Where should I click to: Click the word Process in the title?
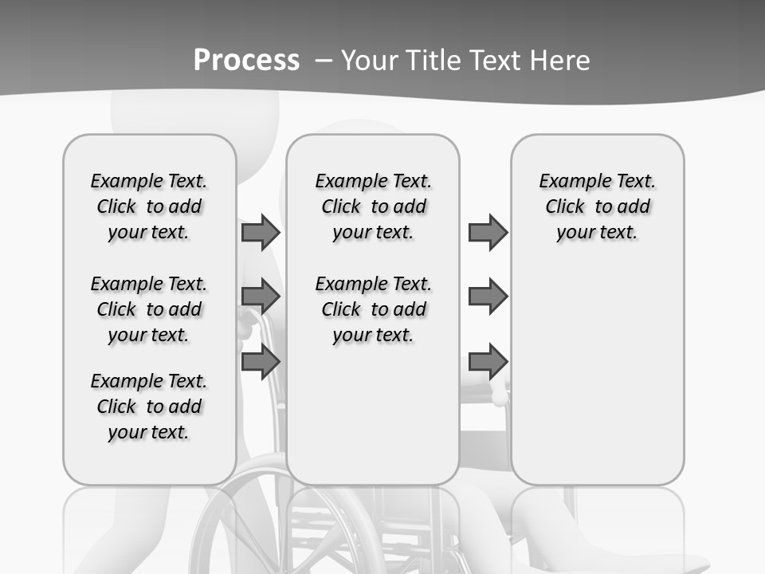pyautogui.click(x=246, y=60)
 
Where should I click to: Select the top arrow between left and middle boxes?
pyautogui.click(x=261, y=232)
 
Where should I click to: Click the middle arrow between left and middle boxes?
pyautogui.click(x=261, y=297)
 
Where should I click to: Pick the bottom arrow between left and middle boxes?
pyautogui.click(x=261, y=361)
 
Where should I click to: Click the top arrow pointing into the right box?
pyautogui.click(x=488, y=232)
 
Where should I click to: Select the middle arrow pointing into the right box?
pyautogui.click(x=488, y=297)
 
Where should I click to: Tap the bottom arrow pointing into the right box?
pyautogui.click(x=488, y=361)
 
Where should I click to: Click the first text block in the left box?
pyautogui.click(x=149, y=206)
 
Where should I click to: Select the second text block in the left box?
pyautogui.click(x=149, y=309)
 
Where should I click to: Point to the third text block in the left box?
pyautogui.click(x=149, y=407)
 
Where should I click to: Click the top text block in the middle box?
pyautogui.click(x=373, y=206)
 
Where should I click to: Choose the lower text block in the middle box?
pyautogui.click(x=373, y=309)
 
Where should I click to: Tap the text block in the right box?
pyautogui.click(x=598, y=206)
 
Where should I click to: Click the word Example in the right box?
pyautogui.click(x=568, y=181)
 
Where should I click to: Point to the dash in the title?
pyautogui.click(x=323, y=61)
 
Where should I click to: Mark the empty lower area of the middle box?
pyautogui.click(x=373, y=415)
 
